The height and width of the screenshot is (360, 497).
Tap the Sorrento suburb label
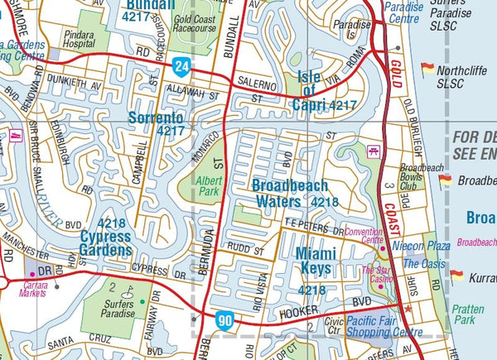157,124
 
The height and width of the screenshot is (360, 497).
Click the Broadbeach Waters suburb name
290,193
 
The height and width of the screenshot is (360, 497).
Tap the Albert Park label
210,186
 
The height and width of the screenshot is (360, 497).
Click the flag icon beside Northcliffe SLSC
427,70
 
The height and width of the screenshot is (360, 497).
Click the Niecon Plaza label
426,246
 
